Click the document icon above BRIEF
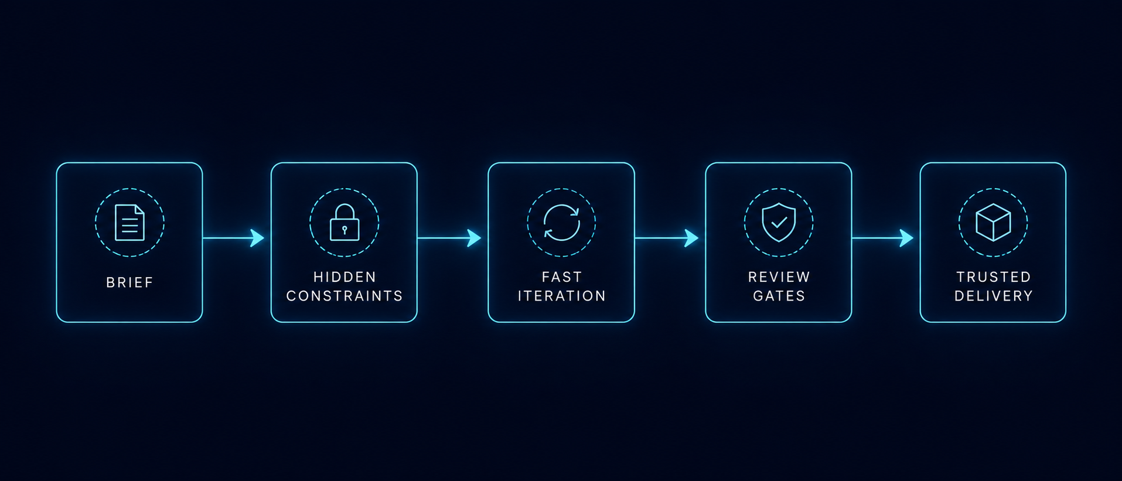click(x=129, y=223)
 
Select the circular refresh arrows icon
click(x=561, y=223)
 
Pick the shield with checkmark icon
click(x=779, y=223)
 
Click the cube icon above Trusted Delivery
click(x=993, y=223)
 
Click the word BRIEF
click(x=129, y=282)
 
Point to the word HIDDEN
click(x=345, y=277)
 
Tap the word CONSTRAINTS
click(x=345, y=296)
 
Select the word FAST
click(x=561, y=277)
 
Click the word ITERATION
click(x=561, y=296)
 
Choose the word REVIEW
click(x=779, y=277)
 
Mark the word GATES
click(x=779, y=296)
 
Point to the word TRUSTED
click(x=993, y=277)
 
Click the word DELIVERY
click(x=993, y=296)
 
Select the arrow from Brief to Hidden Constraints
click(x=234, y=238)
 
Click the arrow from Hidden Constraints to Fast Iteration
click(x=449, y=238)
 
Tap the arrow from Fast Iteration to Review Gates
click(x=667, y=238)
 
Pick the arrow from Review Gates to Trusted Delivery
click(x=882, y=238)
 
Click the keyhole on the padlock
click(x=345, y=230)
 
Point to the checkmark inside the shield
click(x=779, y=223)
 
